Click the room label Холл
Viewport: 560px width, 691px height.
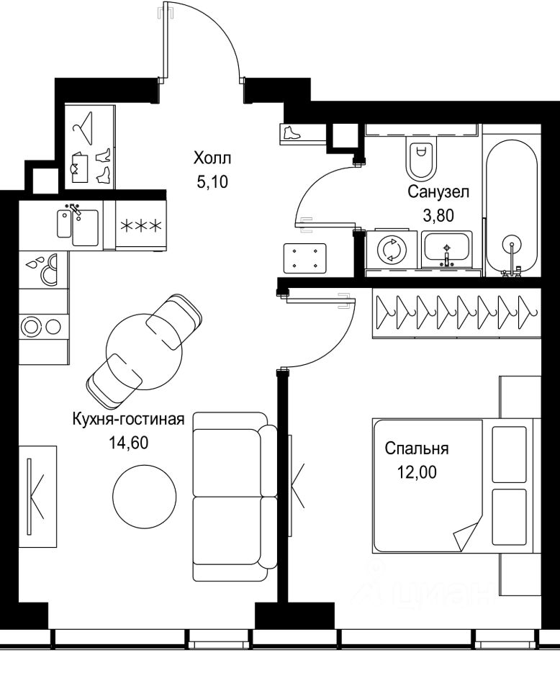pos(212,158)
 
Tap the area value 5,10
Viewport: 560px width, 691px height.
pos(212,181)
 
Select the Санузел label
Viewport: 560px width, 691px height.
pos(438,191)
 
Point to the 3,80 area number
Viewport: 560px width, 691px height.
pos(438,215)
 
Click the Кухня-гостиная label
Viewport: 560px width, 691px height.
pos(128,419)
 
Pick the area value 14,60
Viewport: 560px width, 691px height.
pos(129,443)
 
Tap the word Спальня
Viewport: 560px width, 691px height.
pos(416,448)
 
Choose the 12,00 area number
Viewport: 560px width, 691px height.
pos(417,472)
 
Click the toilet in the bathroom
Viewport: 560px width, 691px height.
pos(422,156)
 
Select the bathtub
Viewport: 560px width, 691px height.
pos(512,207)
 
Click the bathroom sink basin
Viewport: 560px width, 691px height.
pos(447,250)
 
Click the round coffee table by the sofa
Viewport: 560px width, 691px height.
pos(145,495)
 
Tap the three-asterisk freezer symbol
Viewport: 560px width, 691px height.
pos(141,226)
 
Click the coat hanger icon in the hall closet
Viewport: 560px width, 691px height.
pos(83,128)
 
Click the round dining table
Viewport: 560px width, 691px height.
pos(145,351)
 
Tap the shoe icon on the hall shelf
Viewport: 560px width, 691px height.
pos(291,132)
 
